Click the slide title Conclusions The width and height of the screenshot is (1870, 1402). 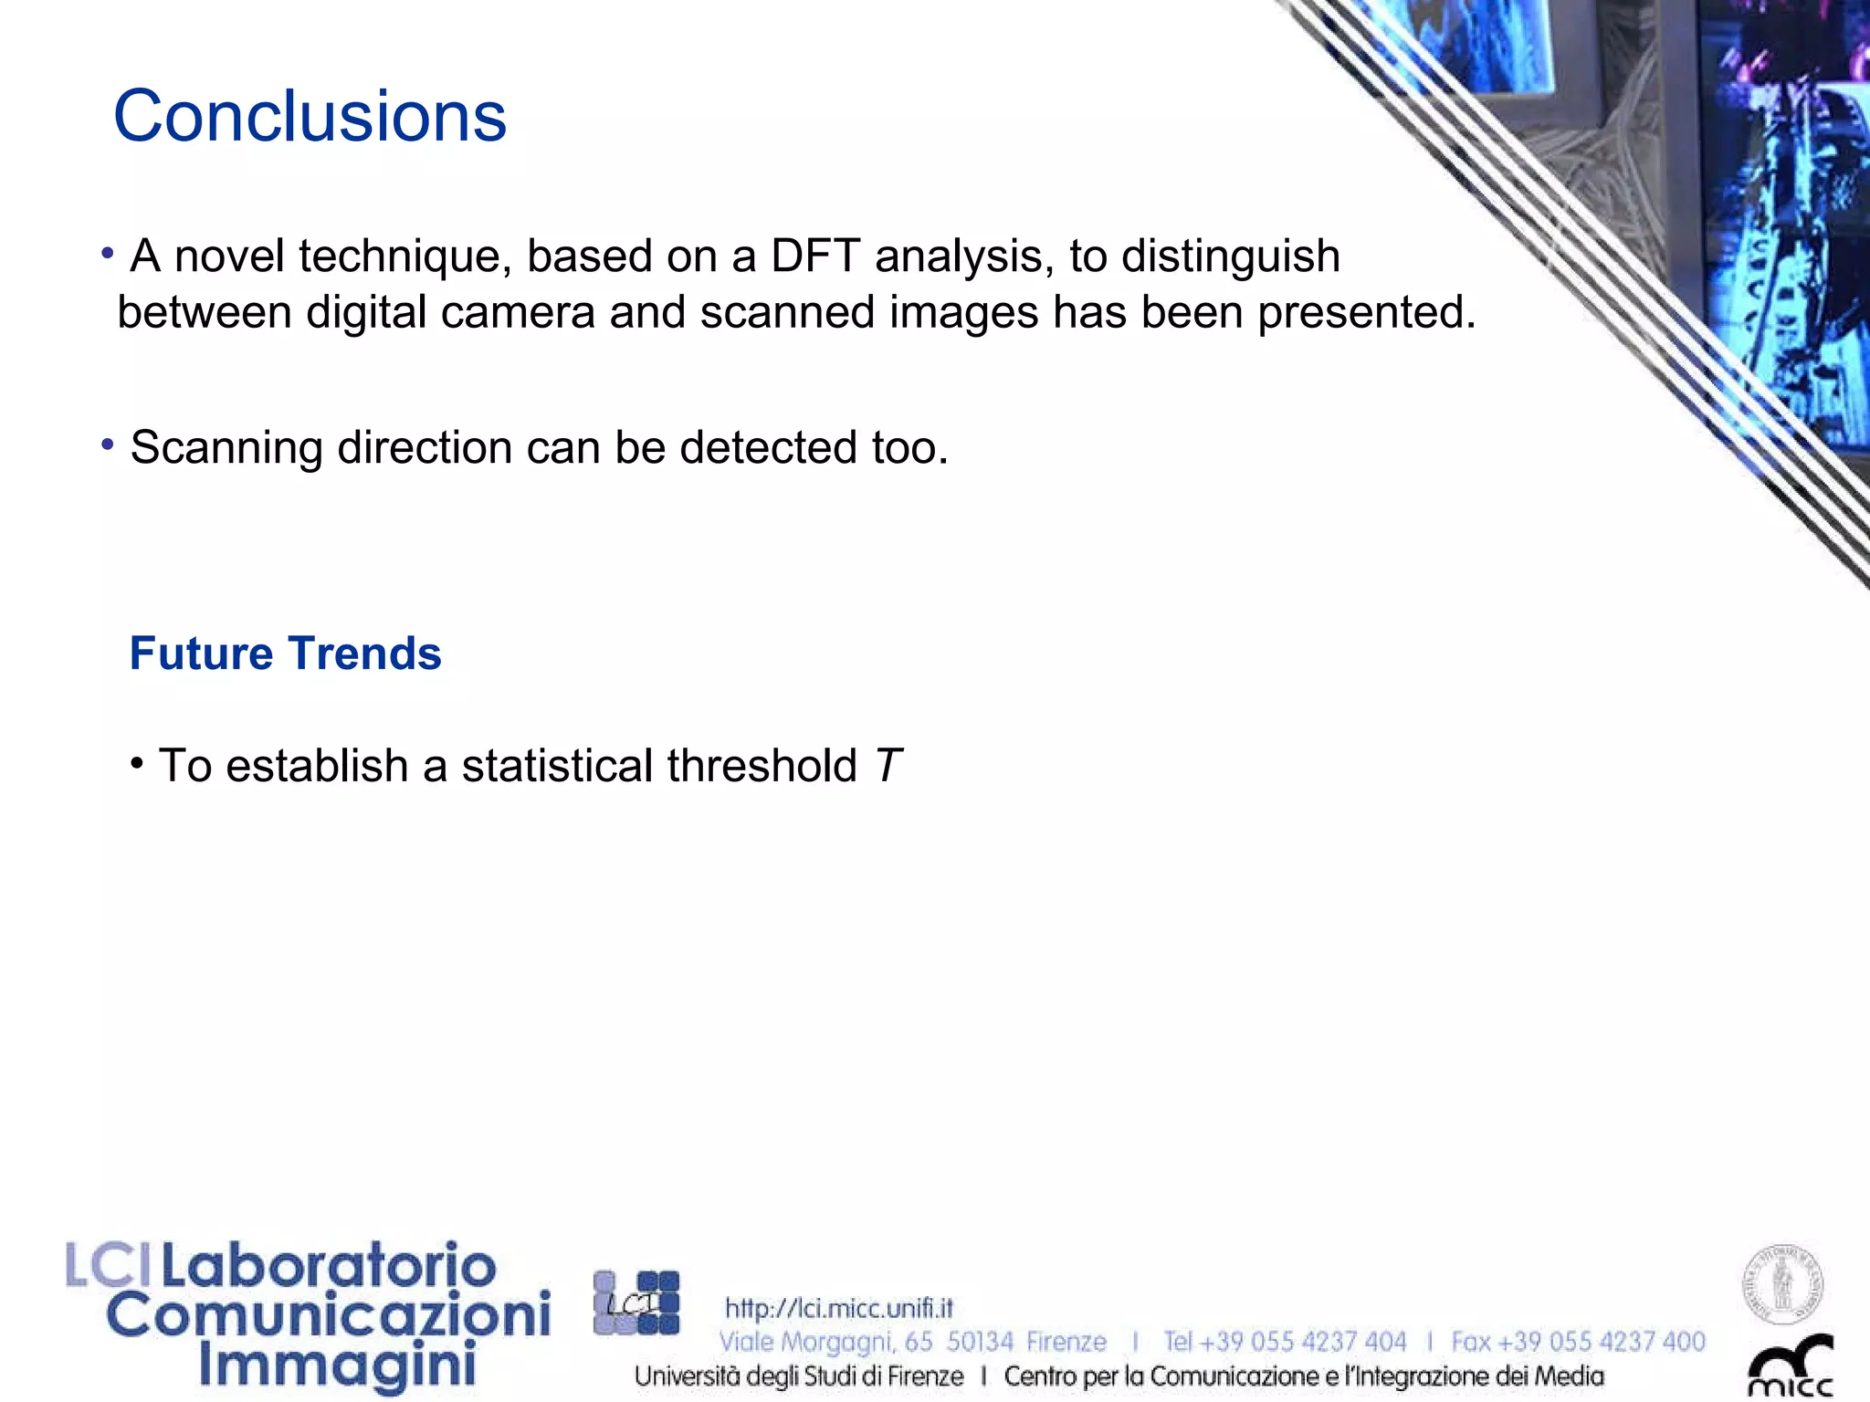click(310, 117)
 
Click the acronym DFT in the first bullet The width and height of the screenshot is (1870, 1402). click(814, 256)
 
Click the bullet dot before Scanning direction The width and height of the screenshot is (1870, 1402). click(108, 445)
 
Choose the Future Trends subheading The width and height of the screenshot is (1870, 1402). click(285, 654)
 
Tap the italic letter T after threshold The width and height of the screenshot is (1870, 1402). click(888, 765)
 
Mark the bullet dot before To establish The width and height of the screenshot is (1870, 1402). click(137, 761)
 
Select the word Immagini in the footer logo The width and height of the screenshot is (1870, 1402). click(337, 1366)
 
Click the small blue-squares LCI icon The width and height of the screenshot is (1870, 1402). click(636, 1303)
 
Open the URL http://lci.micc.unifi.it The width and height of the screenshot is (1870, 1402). click(838, 1308)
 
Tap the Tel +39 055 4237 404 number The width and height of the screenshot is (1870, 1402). click(1284, 1342)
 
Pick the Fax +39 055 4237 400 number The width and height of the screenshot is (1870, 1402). click(1578, 1342)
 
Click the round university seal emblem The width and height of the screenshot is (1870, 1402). click(1782, 1284)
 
